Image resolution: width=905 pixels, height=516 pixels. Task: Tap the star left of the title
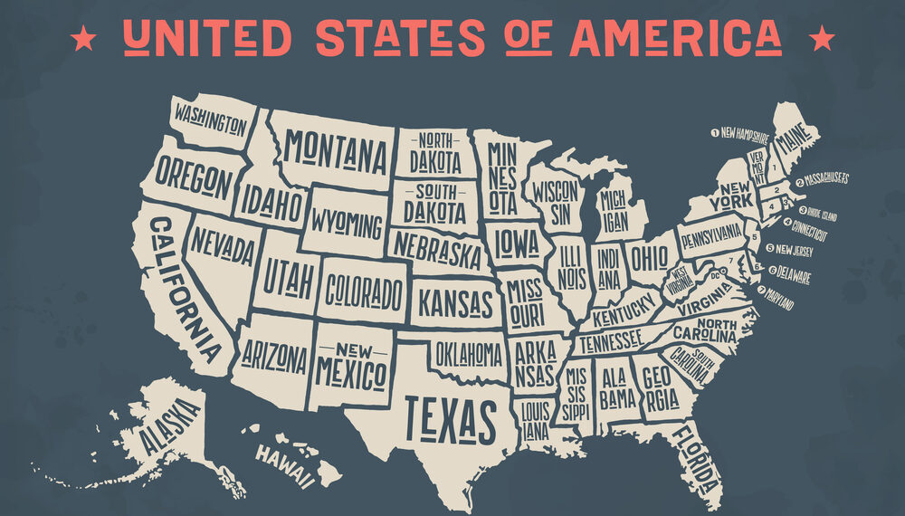83,38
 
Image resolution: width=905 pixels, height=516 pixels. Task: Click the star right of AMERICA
822,38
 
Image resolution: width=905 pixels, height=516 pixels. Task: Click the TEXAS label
450,417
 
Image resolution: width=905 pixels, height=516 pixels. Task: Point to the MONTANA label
335,152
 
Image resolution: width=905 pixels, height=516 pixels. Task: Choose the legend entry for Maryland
776,298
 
